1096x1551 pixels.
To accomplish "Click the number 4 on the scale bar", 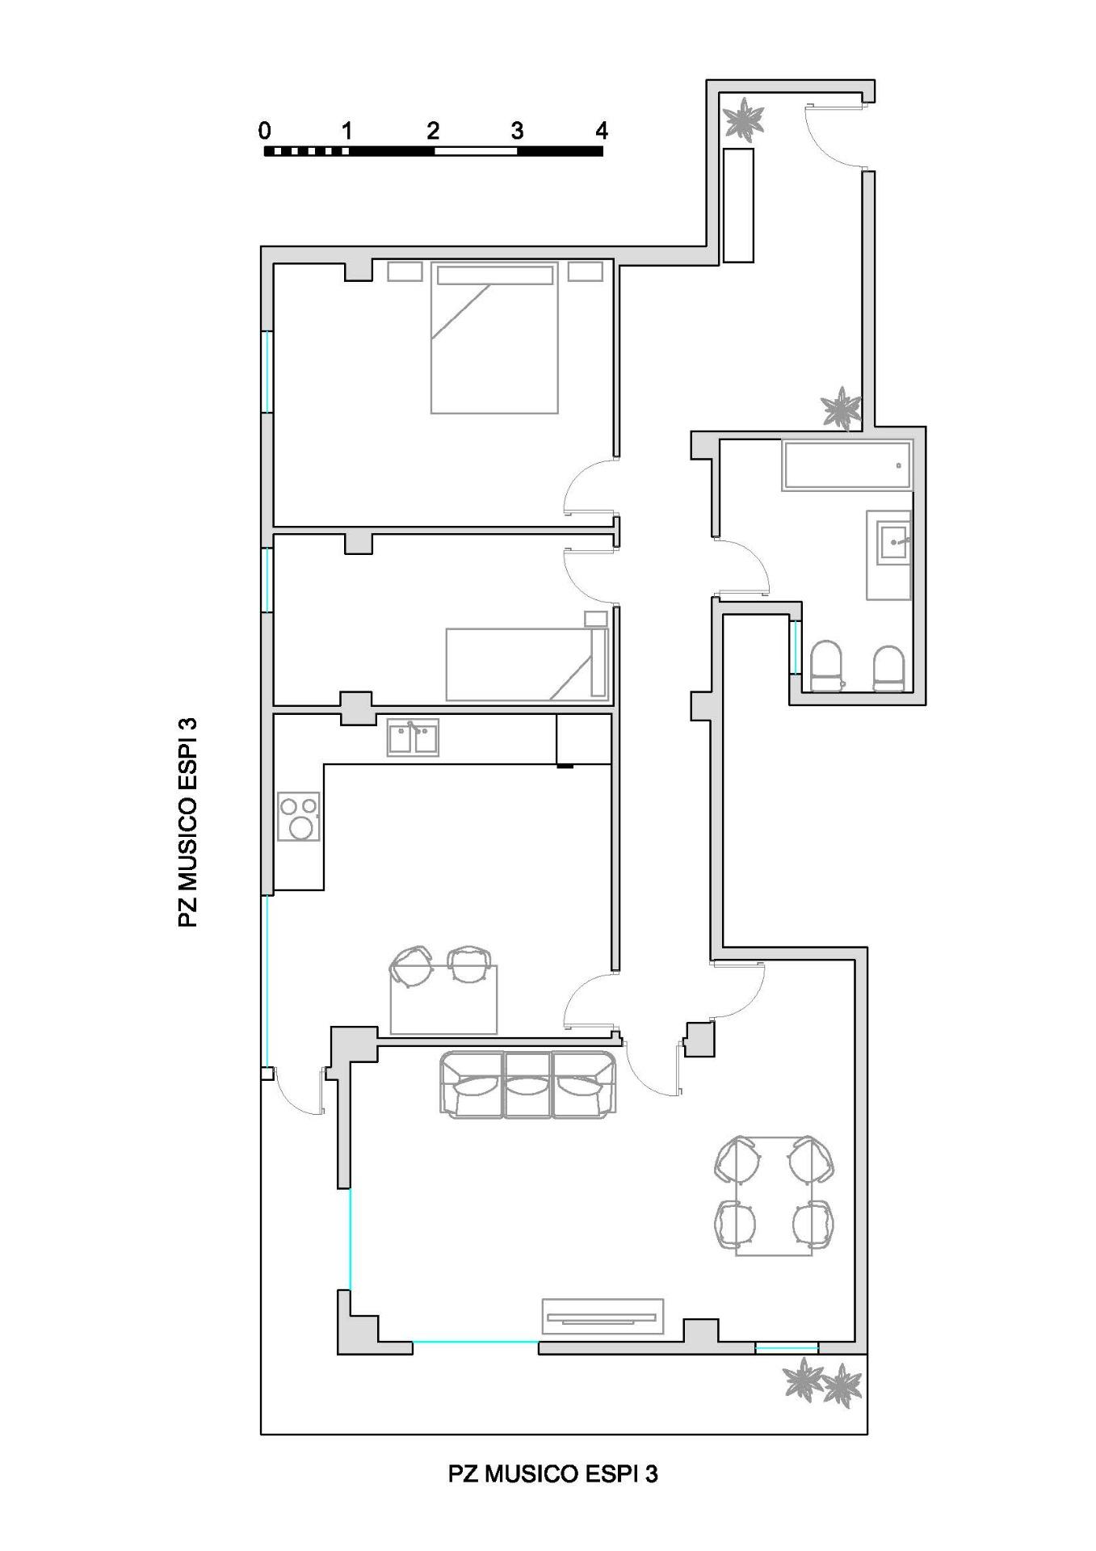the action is pos(600,130).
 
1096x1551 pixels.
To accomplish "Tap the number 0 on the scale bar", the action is pos(265,130).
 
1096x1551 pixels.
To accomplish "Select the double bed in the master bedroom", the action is pos(495,338).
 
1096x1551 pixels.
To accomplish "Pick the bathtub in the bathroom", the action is pos(847,465).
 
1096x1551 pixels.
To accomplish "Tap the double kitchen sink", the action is pos(413,738).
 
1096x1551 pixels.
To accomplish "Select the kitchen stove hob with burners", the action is pos(299,817).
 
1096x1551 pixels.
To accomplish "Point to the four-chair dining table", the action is pos(774,1196).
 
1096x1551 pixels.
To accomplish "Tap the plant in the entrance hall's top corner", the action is pos(742,119).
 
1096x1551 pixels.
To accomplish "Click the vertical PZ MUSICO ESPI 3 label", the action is pos(187,822).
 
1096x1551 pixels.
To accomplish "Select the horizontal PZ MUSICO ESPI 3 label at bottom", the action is pos(553,1473).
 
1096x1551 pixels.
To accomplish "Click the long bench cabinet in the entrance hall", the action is pos(738,205).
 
